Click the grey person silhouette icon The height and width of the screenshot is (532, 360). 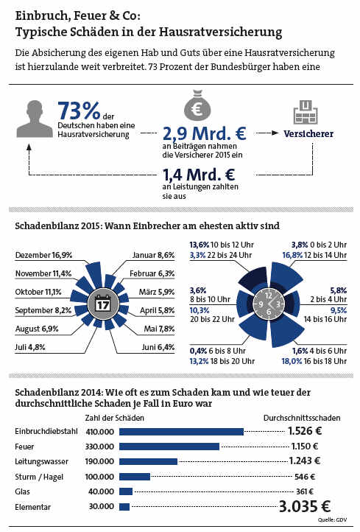(x=35, y=119)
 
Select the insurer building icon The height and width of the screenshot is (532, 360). (x=306, y=112)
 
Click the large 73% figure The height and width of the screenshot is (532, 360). (x=79, y=111)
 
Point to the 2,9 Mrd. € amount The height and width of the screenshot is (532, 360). (x=204, y=133)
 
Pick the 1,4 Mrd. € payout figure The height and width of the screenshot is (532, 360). (x=198, y=175)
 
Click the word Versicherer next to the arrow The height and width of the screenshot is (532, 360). (x=308, y=133)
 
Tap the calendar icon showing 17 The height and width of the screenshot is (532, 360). (x=102, y=303)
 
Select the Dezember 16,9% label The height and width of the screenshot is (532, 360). (x=43, y=255)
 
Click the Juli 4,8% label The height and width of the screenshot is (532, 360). (x=30, y=347)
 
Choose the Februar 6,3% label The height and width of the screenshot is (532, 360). (x=152, y=273)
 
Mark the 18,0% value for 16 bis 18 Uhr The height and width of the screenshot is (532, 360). (x=292, y=361)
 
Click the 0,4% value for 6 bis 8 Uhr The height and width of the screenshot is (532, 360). (x=198, y=351)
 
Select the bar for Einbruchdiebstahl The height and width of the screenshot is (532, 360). (x=181, y=432)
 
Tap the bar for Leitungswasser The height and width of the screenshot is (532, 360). (x=148, y=461)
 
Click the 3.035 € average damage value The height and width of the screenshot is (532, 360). (x=304, y=506)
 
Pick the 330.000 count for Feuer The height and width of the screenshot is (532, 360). (x=99, y=447)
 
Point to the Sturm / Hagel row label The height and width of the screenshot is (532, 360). (x=39, y=477)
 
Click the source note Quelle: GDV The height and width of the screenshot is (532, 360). (x=332, y=519)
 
